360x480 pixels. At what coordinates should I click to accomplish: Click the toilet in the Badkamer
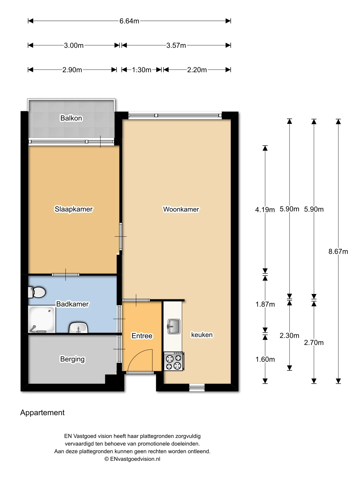37,292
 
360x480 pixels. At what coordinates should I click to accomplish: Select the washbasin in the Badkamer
78,328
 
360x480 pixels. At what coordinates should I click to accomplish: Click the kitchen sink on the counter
174,326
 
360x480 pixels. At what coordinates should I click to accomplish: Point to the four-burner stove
174,361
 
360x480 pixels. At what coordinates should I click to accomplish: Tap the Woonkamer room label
181,209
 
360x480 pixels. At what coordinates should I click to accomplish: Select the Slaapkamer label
73,209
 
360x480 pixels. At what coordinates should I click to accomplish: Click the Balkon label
71,118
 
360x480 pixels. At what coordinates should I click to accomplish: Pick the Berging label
72,359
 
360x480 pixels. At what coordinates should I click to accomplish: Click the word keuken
202,335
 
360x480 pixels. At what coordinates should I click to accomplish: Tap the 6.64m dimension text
129,21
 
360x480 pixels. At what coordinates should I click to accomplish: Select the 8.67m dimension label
338,252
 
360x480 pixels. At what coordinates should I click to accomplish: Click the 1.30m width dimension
142,70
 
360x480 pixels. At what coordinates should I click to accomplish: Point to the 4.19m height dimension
265,210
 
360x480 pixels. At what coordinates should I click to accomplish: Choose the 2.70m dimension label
314,343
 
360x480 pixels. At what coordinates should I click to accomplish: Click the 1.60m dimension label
265,359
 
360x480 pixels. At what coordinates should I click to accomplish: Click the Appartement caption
42,413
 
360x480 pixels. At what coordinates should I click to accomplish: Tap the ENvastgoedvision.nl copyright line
132,459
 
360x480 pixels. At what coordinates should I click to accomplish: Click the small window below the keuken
197,388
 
